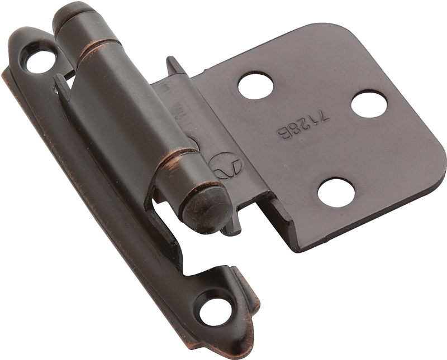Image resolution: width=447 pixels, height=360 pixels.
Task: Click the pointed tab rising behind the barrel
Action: click(174, 64)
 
